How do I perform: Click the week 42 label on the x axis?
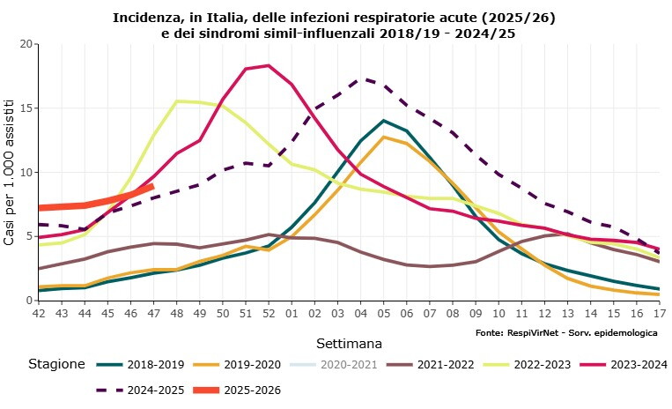(39, 312)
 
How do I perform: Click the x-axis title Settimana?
(349, 341)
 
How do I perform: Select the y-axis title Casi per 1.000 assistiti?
(10, 173)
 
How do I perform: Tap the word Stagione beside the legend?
(56, 364)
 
